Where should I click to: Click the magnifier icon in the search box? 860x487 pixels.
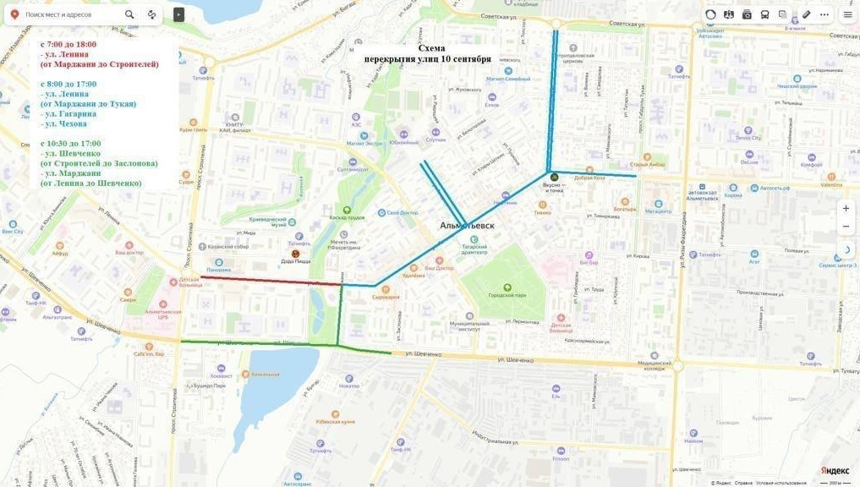point(129,14)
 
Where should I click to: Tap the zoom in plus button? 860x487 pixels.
point(846,208)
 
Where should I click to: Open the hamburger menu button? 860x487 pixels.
point(847,14)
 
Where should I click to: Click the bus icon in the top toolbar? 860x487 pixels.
point(764,14)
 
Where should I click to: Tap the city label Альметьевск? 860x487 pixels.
point(467,226)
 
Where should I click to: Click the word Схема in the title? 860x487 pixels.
point(431,48)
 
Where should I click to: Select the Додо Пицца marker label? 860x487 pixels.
point(295,262)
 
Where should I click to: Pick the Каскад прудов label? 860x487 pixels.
point(347,217)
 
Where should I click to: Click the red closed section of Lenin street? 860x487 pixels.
point(271,281)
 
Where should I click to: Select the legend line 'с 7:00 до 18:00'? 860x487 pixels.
point(68,44)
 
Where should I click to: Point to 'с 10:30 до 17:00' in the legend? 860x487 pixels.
point(71,144)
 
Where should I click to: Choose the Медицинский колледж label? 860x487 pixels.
point(650,365)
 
